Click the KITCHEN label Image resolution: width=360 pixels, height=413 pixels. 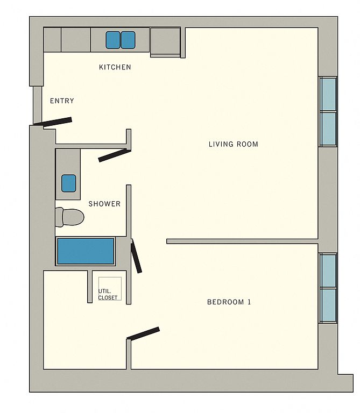coord(115,67)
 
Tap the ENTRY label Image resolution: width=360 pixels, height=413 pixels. coord(62,101)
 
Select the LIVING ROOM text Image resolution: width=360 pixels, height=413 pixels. coord(233,144)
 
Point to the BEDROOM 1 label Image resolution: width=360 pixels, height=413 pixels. coord(229,302)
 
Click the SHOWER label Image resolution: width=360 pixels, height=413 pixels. coord(104,204)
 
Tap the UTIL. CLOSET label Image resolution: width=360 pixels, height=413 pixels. coord(108,294)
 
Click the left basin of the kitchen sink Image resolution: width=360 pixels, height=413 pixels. coord(113,40)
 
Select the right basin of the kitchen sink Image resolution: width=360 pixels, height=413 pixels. coord(128,40)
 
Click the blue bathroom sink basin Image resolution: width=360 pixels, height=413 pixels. coord(69,183)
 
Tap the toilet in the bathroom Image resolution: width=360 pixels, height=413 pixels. coord(69,217)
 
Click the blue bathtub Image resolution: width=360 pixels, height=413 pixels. coord(86,251)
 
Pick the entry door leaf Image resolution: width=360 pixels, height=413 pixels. coord(53,122)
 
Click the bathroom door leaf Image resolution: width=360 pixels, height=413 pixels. coord(115,155)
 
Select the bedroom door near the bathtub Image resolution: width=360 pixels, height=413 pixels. coord(136,256)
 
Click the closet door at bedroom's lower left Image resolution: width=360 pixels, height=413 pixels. coord(143,333)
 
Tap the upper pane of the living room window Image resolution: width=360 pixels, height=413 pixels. coord(329,95)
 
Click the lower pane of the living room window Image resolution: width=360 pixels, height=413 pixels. coord(329,129)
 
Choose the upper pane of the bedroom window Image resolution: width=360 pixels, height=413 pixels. coord(329,271)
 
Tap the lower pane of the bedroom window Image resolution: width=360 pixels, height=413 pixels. coord(329,305)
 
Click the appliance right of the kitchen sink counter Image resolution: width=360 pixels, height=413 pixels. coord(165,42)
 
